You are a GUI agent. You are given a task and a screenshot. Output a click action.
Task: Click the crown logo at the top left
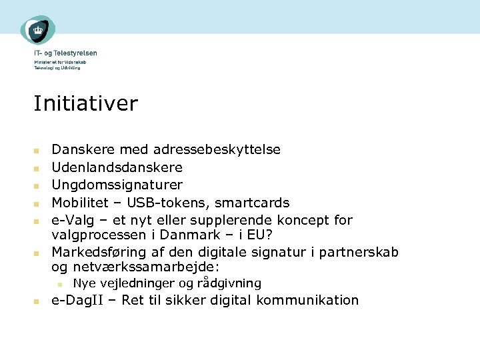point(38,30)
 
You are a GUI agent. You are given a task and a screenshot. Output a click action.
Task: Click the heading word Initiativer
point(85,104)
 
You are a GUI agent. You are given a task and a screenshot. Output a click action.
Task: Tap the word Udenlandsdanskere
point(117,167)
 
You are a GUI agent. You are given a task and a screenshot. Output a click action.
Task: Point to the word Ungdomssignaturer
point(117,185)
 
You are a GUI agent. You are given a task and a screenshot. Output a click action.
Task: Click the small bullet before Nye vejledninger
point(60,284)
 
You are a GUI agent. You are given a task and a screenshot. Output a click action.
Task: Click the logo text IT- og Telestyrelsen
point(65,53)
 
